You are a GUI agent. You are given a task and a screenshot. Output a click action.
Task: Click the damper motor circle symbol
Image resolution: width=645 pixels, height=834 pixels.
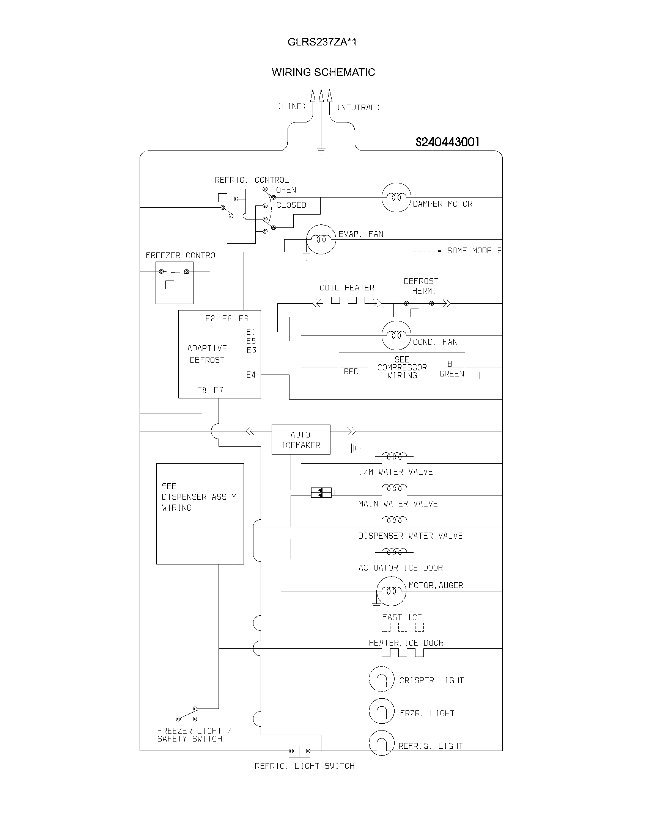point(396,198)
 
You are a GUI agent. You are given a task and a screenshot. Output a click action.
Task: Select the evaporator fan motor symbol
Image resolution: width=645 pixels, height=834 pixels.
point(321,240)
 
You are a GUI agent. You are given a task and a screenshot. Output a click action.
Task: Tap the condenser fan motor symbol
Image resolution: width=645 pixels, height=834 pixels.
point(396,335)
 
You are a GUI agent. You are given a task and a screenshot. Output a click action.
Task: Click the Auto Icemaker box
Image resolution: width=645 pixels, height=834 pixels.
point(301,439)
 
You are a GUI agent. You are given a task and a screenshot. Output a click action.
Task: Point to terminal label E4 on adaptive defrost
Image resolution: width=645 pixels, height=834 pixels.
point(251,375)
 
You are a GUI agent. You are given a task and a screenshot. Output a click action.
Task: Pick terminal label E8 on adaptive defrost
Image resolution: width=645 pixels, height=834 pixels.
point(202,390)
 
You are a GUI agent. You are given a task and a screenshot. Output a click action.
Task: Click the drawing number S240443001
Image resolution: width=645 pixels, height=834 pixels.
point(447,142)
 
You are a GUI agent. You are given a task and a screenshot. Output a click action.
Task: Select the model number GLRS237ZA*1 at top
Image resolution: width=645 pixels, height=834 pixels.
point(322,42)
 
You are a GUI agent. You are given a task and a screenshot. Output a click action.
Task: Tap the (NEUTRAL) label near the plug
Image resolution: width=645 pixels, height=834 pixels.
point(359,108)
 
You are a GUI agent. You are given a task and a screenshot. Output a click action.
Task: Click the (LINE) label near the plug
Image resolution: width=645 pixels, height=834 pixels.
point(291,107)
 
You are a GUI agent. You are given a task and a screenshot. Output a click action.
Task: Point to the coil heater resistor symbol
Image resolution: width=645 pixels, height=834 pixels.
point(347,303)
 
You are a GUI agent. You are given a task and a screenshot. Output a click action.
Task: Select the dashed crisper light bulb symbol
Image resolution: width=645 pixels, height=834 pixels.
point(381,679)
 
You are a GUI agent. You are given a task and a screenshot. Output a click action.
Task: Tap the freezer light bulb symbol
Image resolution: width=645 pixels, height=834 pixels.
point(381,711)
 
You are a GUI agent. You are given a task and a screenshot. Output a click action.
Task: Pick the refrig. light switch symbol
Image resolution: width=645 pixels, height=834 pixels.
point(300,751)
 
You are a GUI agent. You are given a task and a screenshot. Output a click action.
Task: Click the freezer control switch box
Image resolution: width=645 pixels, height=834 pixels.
point(174,282)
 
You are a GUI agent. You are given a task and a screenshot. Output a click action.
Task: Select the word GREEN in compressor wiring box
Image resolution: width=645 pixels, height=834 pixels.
point(451,374)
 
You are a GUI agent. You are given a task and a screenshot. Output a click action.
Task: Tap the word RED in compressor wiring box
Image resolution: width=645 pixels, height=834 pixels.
point(351,372)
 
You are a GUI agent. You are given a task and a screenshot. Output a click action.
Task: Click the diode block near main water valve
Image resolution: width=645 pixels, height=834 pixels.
point(321,492)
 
